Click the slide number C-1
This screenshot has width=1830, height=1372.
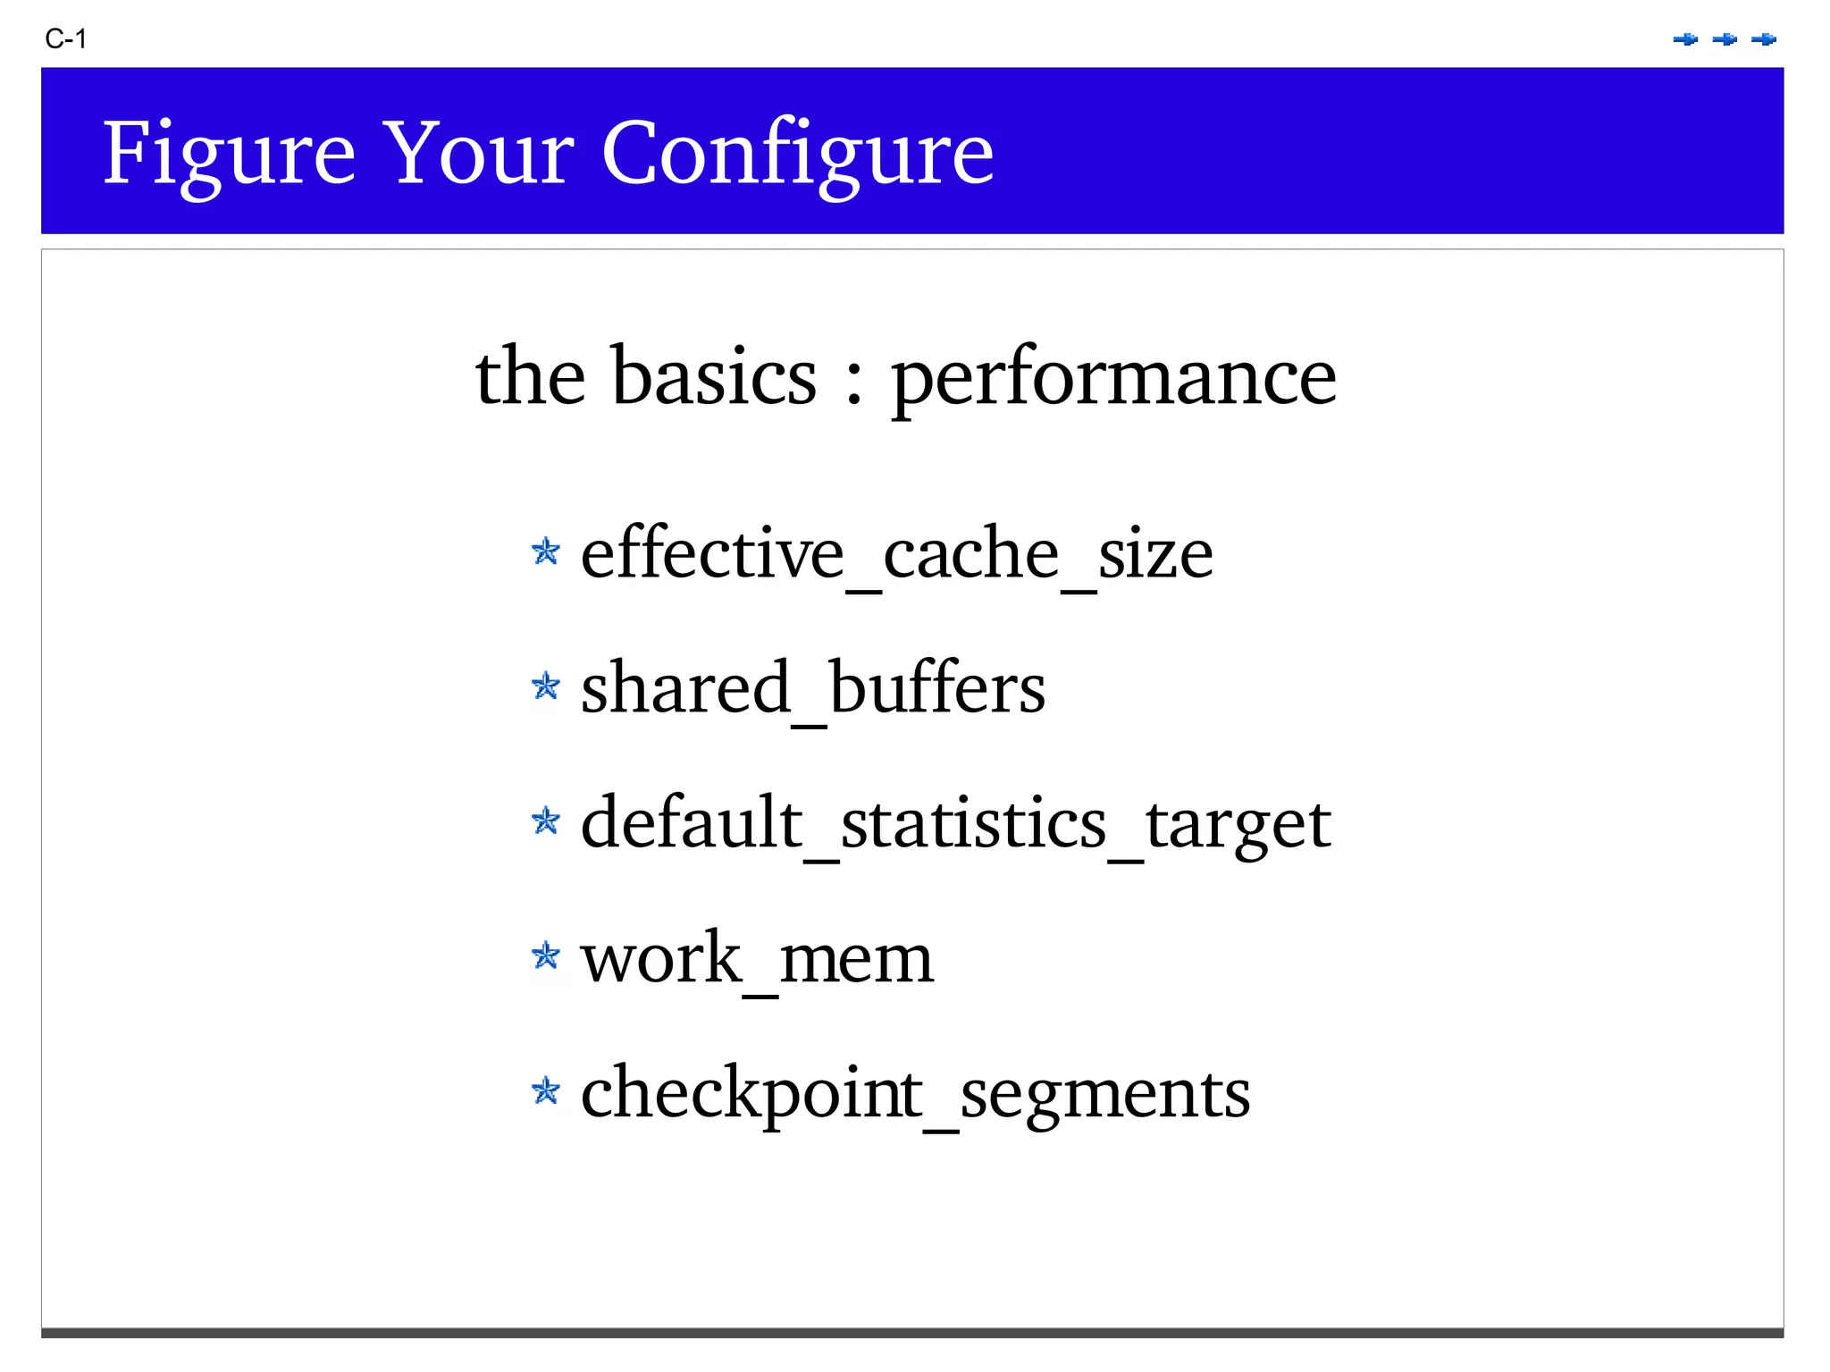[x=65, y=39]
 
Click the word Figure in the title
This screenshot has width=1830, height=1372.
[x=229, y=154]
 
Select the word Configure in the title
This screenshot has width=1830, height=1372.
[x=797, y=154]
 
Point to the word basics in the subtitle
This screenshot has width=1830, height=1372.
[x=713, y=376]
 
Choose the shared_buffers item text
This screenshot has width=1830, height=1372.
[x=812, y=688]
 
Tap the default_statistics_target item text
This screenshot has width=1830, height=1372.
[x=955, y=823]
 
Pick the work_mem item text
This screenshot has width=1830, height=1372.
[x=757, y=958]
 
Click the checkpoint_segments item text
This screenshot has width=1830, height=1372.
[x=915, y=1093]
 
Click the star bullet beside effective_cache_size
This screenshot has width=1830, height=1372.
[x=545, y=551]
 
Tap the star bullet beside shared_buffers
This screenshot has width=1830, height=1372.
[x=545, y=686]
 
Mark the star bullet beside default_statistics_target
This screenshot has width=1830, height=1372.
[x=545, y=820]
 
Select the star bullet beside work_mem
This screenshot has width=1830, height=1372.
[x=545, y=955]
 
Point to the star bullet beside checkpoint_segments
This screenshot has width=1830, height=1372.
[x=545, y=1090]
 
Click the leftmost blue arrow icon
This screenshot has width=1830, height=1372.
[x=1685, y=39]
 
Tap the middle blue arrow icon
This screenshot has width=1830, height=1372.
[x=1725, y=39]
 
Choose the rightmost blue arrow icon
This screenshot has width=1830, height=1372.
[x=1764, y=39]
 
